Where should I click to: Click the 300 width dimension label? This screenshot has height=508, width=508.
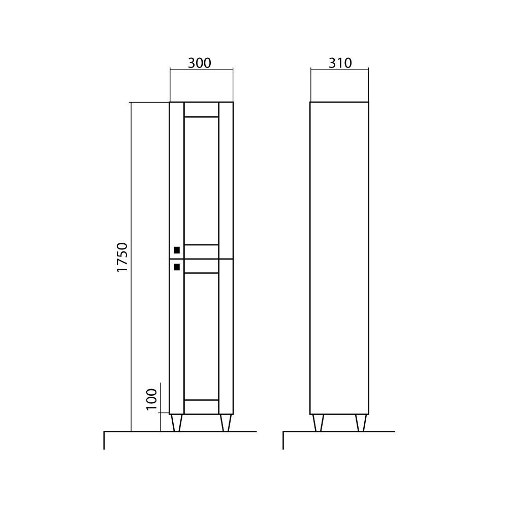[x=200, y=63]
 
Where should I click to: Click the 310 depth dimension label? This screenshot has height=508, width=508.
[x=340, y=63]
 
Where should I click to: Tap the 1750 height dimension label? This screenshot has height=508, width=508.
[x=123, y=257]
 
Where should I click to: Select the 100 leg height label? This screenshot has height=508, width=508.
[x=151, y=399]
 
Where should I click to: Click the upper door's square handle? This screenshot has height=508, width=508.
[x=177, y=250]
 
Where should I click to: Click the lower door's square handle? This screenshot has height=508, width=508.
[x=177, y=267]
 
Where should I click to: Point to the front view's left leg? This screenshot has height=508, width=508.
[x=177, y=423]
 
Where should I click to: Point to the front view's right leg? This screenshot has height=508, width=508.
[x=225, y=423]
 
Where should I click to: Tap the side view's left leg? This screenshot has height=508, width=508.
[x=318, y=423]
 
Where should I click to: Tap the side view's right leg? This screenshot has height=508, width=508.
[x=361, y=423]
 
